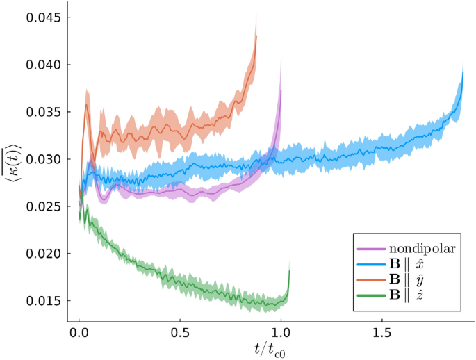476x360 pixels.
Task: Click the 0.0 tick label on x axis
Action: click(x=79, y=333)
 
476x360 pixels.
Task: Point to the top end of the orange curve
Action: click(x=256, y=36)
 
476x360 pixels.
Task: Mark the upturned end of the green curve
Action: click(x=289, y=271)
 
